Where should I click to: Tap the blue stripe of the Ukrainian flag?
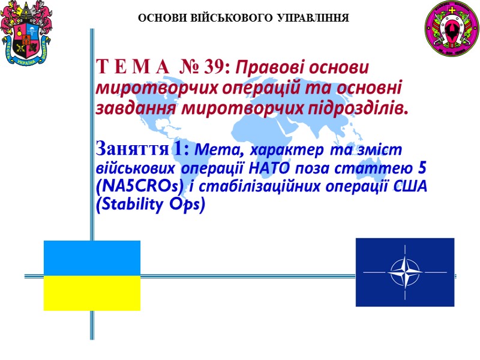(x=92, y=259)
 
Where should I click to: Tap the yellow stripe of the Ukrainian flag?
(x=92, y=293)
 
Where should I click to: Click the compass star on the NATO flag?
(x=404, y=272)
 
